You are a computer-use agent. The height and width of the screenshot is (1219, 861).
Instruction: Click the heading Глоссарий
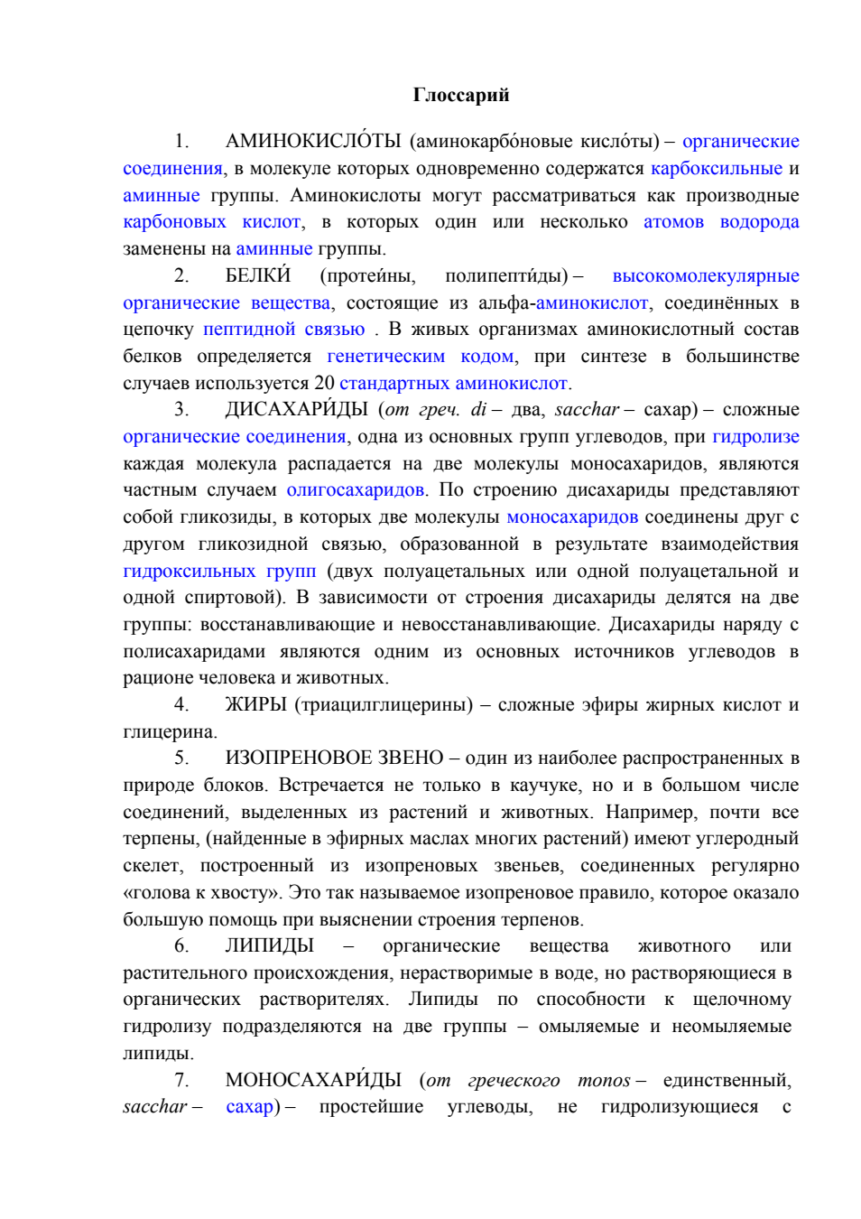(460, 95)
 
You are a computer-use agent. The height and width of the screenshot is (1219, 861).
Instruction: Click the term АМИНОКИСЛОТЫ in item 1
(313, 141)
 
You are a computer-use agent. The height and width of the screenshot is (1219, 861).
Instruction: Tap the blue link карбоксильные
(717, 169)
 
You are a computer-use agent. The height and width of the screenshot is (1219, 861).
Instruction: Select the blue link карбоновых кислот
(211, 222)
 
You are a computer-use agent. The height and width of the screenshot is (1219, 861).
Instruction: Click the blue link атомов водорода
(721, 222)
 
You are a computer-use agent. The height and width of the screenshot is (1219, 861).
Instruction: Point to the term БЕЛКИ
(258, 275)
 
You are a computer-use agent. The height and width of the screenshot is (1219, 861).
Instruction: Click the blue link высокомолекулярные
(706, 276)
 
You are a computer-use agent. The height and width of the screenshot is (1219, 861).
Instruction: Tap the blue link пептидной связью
(283, 330)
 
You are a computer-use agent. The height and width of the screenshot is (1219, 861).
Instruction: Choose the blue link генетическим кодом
(420, 357)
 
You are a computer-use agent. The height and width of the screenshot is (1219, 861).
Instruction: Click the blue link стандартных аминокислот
(453, 383)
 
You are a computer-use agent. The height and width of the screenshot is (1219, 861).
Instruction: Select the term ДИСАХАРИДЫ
(296, 409)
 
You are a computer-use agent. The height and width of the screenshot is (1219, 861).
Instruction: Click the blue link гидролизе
(755, 436)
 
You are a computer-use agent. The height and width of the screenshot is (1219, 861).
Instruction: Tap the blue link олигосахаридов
(356, 490)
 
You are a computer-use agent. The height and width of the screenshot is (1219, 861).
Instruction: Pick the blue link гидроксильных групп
(219, 571)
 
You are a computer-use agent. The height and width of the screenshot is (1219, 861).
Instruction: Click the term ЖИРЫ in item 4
(255, 704)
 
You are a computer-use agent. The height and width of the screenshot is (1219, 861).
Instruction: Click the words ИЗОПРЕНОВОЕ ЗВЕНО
(334, 758)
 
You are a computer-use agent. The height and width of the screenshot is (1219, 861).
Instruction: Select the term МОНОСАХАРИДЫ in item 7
(313, 1080)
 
